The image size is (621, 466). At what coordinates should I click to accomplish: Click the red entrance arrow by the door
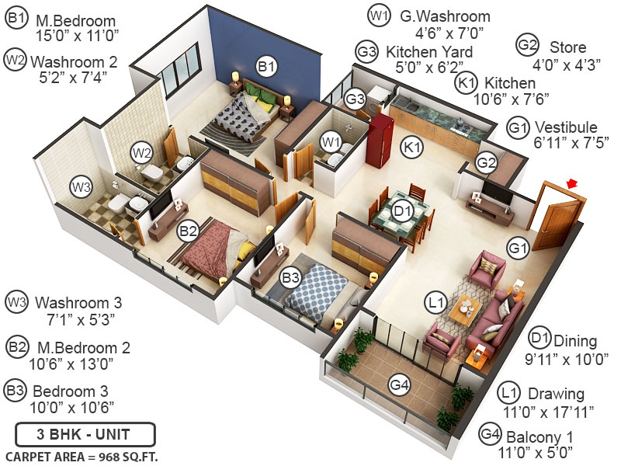pos(573,183)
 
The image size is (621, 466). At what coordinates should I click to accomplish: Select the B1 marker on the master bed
pos(267,68)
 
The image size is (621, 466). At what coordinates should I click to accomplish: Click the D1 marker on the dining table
pos(402,210)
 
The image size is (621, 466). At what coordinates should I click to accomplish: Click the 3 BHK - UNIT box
pos(85,433)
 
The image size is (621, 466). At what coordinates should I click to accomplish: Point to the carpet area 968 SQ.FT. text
pos(82,456)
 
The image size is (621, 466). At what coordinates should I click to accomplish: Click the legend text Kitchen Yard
pos(429,52)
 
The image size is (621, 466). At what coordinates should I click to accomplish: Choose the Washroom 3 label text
pos(78,301)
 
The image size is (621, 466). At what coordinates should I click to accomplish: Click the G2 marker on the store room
pos(486,163)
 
